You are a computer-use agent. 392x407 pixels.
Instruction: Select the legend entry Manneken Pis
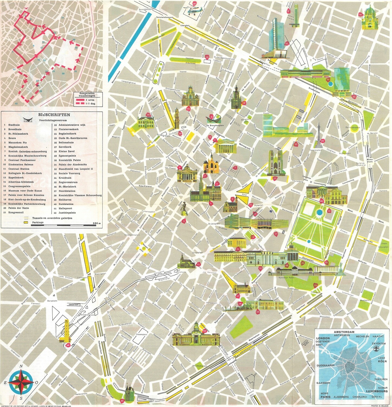pos(17,142)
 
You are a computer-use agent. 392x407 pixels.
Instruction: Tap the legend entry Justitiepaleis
pos(67,213)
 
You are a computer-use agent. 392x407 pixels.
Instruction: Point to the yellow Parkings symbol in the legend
pos(26,222)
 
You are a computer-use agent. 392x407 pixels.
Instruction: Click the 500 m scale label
pos(97,223)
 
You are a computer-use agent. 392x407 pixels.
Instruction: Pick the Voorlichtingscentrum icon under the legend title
pos(28,120)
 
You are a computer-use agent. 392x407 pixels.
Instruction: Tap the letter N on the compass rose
pos(21,367)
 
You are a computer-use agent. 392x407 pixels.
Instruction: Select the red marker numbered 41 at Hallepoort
pos(122,400)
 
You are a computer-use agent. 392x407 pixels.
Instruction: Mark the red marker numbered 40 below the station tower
pos(68,345)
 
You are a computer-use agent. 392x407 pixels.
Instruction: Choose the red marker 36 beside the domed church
pos(360,15)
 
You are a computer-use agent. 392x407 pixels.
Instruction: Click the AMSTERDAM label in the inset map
pos(344,332)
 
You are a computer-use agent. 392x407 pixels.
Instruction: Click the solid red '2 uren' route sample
pos(81,100)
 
